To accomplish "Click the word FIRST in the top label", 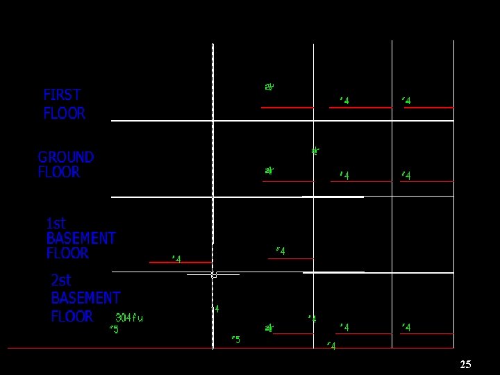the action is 62,94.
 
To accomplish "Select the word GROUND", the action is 66,157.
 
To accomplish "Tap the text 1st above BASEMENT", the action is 56,223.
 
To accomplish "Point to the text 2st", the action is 61,281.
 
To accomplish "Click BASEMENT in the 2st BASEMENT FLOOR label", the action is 85,298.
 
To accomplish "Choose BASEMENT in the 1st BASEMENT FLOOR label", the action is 81,238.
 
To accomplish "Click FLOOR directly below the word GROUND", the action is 59,172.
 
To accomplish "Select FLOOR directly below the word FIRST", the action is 64,113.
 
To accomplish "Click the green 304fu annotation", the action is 129,317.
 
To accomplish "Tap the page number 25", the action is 465,365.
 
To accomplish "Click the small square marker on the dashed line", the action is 213,274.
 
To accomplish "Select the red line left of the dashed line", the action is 180,262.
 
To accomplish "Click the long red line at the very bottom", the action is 104,348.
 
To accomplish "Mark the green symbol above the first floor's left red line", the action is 269,87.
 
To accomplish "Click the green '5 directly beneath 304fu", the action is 114,329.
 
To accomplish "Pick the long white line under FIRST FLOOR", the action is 278,121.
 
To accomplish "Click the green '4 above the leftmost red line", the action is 176,259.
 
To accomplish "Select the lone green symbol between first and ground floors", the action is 315,150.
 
